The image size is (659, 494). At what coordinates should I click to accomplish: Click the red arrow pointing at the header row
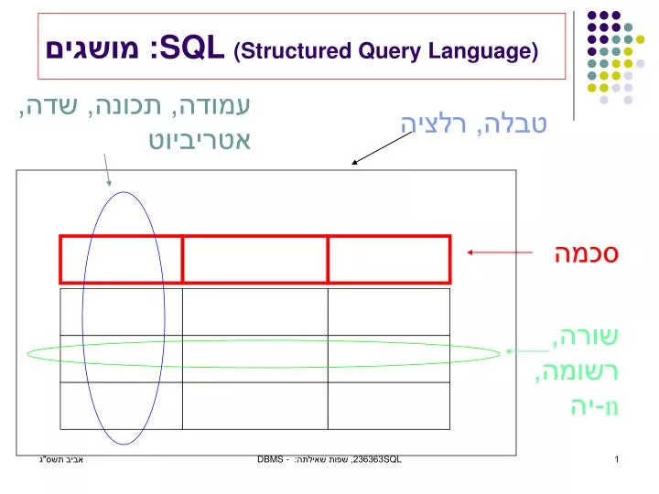point(500,253)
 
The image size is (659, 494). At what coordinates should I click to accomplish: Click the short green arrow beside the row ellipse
point(528,349)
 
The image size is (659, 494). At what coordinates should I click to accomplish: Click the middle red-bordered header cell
point(255,259)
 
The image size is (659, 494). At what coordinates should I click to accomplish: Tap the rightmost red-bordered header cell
point(389,259)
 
